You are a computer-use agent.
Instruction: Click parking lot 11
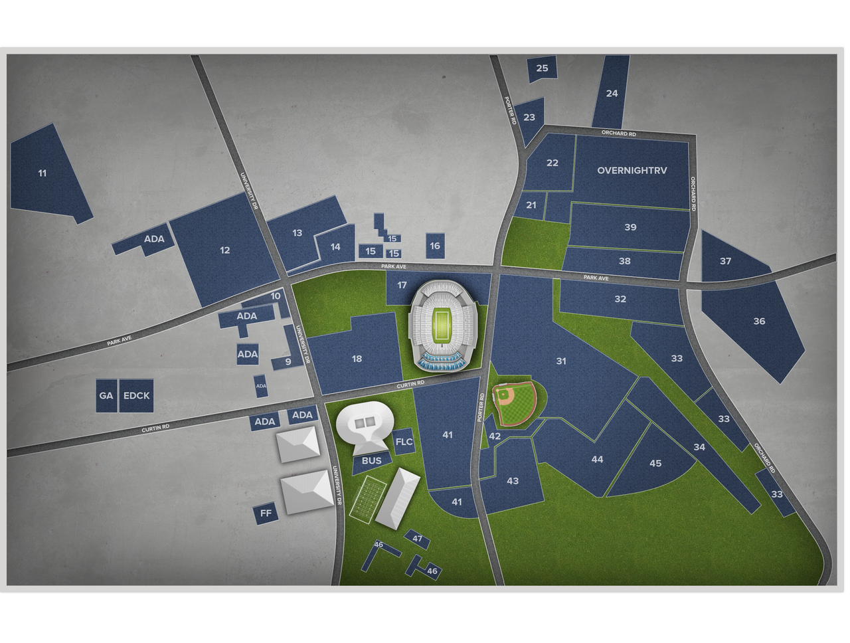click(43, 173)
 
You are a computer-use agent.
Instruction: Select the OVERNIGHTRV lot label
click(632, 170)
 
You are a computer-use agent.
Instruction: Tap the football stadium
click(441, 325)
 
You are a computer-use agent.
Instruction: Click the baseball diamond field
click(515, 403)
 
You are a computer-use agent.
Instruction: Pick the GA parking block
click(106, 396)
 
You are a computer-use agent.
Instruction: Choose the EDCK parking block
click(137, 396)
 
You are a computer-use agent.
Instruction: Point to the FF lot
click(266, 513)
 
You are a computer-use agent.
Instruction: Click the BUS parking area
click(372, 460)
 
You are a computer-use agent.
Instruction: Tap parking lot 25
click(542, 68)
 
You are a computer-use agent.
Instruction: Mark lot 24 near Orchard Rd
click(612, 93)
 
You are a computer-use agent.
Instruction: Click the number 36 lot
click(759, 321)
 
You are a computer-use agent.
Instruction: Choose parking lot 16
click(435, 246)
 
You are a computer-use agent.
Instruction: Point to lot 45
click(655, 463)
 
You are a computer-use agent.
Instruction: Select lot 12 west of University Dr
click(225, 250)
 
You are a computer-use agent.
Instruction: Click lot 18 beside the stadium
click(357, 359)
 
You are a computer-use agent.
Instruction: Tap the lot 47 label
click(417, 539)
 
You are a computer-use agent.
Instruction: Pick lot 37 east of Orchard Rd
click(725, 261)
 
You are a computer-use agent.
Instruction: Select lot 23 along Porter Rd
click(529, 118)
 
